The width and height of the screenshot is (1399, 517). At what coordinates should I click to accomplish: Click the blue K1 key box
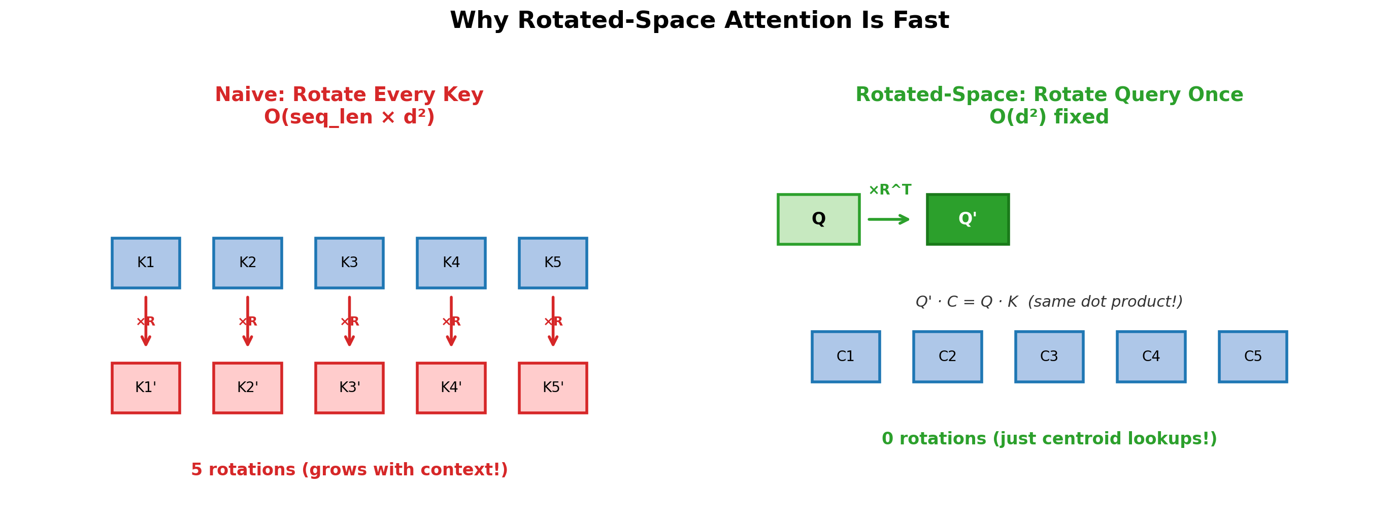pos(146,263)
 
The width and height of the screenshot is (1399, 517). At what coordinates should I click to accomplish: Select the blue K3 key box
pos(349,263)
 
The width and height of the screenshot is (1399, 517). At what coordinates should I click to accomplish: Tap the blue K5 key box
pos(553,263)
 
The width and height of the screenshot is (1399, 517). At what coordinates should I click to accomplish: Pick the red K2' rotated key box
pos(248,388)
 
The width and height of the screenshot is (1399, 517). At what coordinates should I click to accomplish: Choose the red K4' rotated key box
pos(451,388)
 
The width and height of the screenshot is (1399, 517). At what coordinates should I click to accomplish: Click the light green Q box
pos(818,219)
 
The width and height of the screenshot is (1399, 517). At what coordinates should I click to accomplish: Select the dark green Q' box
pos(968,219)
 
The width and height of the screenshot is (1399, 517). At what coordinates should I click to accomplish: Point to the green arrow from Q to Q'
pos(888,219)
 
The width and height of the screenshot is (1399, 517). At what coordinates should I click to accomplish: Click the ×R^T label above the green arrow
pos(889,190)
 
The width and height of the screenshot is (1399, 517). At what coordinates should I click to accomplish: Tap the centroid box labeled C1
pos(846,357)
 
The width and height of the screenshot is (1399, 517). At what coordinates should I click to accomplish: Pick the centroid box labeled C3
pos(1049,357)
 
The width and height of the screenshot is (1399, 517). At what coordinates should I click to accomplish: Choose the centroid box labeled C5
pos(1253,357)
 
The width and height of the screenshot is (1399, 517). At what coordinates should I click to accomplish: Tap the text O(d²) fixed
pos(1049,117)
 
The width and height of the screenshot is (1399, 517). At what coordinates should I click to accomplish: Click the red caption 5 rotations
pos(349,470)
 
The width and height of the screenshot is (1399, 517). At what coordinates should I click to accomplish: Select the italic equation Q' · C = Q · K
pos(967,302)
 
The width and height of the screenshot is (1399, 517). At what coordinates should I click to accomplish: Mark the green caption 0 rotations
pos(1049,439)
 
